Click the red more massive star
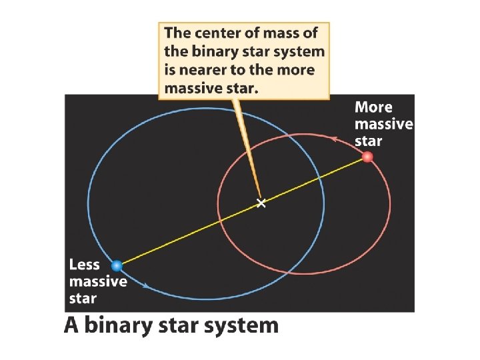(x=367, y=157)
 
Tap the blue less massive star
(x=117, y=266)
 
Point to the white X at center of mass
(x=261, y=203)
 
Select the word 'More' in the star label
(x=373, y=107)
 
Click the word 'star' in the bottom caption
(x=181, y=326)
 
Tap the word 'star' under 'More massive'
(x=369, y=141)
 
